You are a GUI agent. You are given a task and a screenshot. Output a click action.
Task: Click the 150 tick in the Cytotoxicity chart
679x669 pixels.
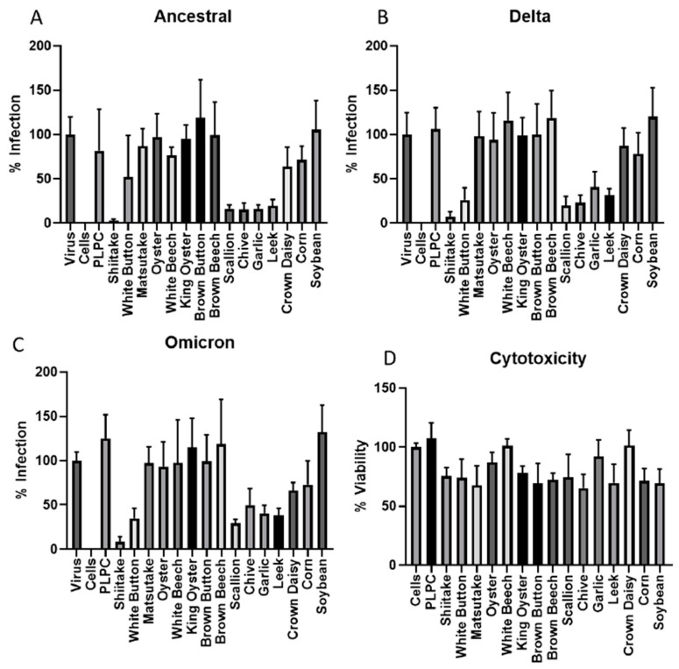pos(374,388)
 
